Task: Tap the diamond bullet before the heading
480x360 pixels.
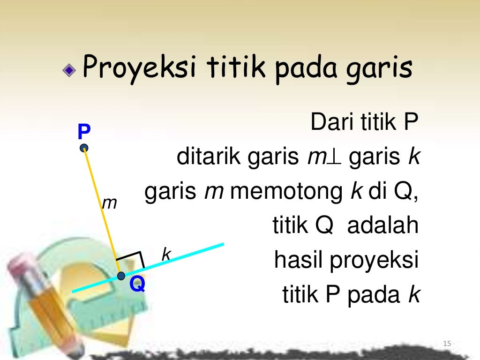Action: pos(69,70)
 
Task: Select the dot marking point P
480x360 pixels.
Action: pos(84,148)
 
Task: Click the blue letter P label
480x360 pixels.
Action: pos(84,132)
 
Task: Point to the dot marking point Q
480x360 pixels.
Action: pos(121,275)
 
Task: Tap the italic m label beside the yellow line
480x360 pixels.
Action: pos(109,202)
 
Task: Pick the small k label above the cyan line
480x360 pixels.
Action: pos(165,255)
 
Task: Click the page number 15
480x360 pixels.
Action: pos(447,345)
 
